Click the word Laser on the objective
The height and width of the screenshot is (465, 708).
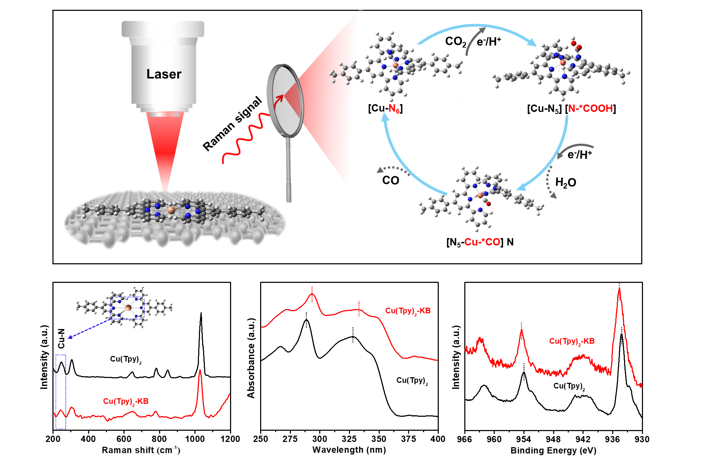164,74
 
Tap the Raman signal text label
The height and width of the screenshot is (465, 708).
232,123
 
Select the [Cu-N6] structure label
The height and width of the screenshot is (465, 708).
385,108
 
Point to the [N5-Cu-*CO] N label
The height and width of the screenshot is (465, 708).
480,242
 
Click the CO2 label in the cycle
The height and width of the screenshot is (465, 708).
455,42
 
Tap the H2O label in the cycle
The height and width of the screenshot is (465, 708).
565,183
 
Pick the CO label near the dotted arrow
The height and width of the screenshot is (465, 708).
391,180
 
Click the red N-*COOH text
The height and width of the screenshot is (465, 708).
591,108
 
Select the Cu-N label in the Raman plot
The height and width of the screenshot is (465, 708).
62,338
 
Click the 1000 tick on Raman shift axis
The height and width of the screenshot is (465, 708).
195,439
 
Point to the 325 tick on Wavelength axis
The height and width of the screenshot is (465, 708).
349,439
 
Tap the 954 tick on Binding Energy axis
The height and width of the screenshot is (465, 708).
523,439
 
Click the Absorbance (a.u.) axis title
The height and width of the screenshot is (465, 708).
251,358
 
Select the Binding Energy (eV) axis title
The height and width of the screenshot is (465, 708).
553,450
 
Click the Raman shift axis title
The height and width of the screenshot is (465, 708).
141,450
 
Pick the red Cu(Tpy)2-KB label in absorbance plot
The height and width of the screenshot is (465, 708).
408,311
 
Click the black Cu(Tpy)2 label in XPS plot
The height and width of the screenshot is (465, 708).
569,386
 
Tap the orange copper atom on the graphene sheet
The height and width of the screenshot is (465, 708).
171,210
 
